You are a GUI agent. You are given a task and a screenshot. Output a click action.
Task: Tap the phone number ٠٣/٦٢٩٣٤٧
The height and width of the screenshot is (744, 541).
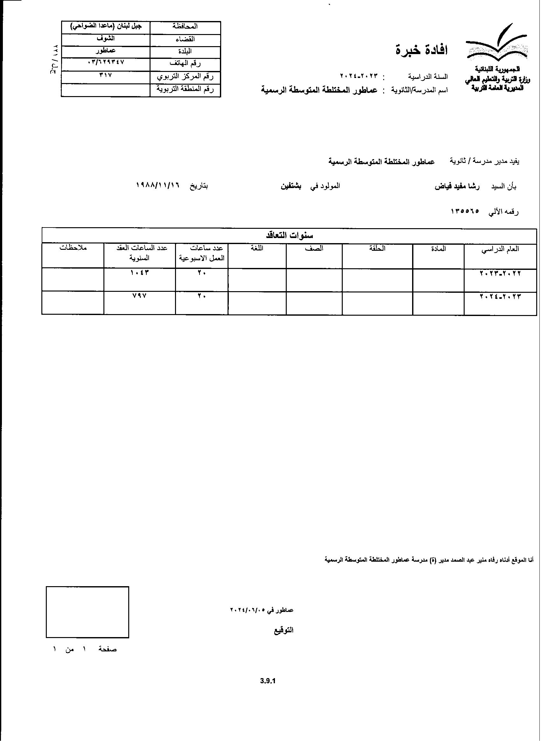pyautogui.click(x=106, y=62)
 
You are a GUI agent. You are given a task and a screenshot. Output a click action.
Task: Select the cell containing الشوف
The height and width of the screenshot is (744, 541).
pyautogui.click(x=106, y=39)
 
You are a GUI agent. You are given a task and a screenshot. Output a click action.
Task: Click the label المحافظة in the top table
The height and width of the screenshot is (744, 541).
pyautogui.click(x=185, y=27)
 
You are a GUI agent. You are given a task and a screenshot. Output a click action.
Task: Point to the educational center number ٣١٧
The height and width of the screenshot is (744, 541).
pyautogui.click(x=106, y=75)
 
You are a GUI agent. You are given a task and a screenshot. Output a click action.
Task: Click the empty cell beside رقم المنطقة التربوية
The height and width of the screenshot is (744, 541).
pyautogui.click(x=106, y=89)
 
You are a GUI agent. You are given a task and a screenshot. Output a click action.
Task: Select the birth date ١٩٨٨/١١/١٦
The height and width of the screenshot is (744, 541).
pyautogui.click(x=158, y=186)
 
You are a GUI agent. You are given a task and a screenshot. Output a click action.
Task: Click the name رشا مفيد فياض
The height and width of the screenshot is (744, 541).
pyautogui.click(x=457, y=186)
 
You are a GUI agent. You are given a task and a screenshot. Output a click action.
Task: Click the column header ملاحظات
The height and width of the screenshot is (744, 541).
pyautogui.click(x=73, y=248)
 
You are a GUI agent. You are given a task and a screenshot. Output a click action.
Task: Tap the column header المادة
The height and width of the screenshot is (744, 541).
pyautogui.click(x=438, y=249)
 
